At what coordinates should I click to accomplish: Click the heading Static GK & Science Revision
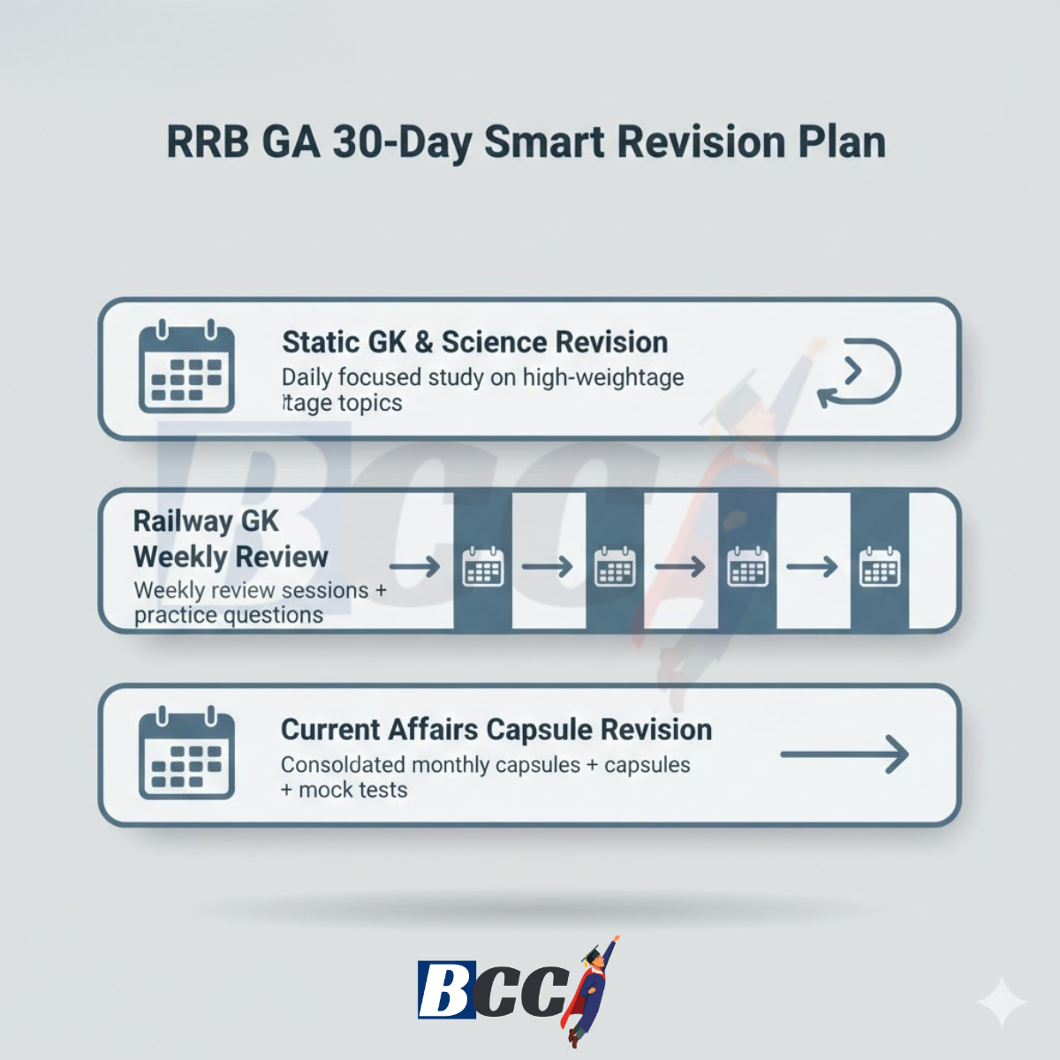tap(474, 342)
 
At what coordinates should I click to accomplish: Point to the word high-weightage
tap(603, 377)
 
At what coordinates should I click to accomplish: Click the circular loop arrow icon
tap(859, 373)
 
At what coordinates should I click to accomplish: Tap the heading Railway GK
tap(206, 521)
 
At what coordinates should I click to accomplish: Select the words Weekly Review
tap(231, 556)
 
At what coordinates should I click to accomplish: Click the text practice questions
tap(229, 615)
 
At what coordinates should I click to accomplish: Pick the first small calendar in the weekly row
tap(483, 566)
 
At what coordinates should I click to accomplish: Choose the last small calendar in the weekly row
tap(880, 566)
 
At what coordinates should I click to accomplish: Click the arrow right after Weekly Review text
tap(415, 566)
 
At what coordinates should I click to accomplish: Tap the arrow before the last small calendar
tap(812, 566)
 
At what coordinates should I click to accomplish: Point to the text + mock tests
tap(344, 790)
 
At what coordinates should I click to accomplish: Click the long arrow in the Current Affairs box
tap(844, 754)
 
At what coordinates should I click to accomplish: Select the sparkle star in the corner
tap(1002, 1003)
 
